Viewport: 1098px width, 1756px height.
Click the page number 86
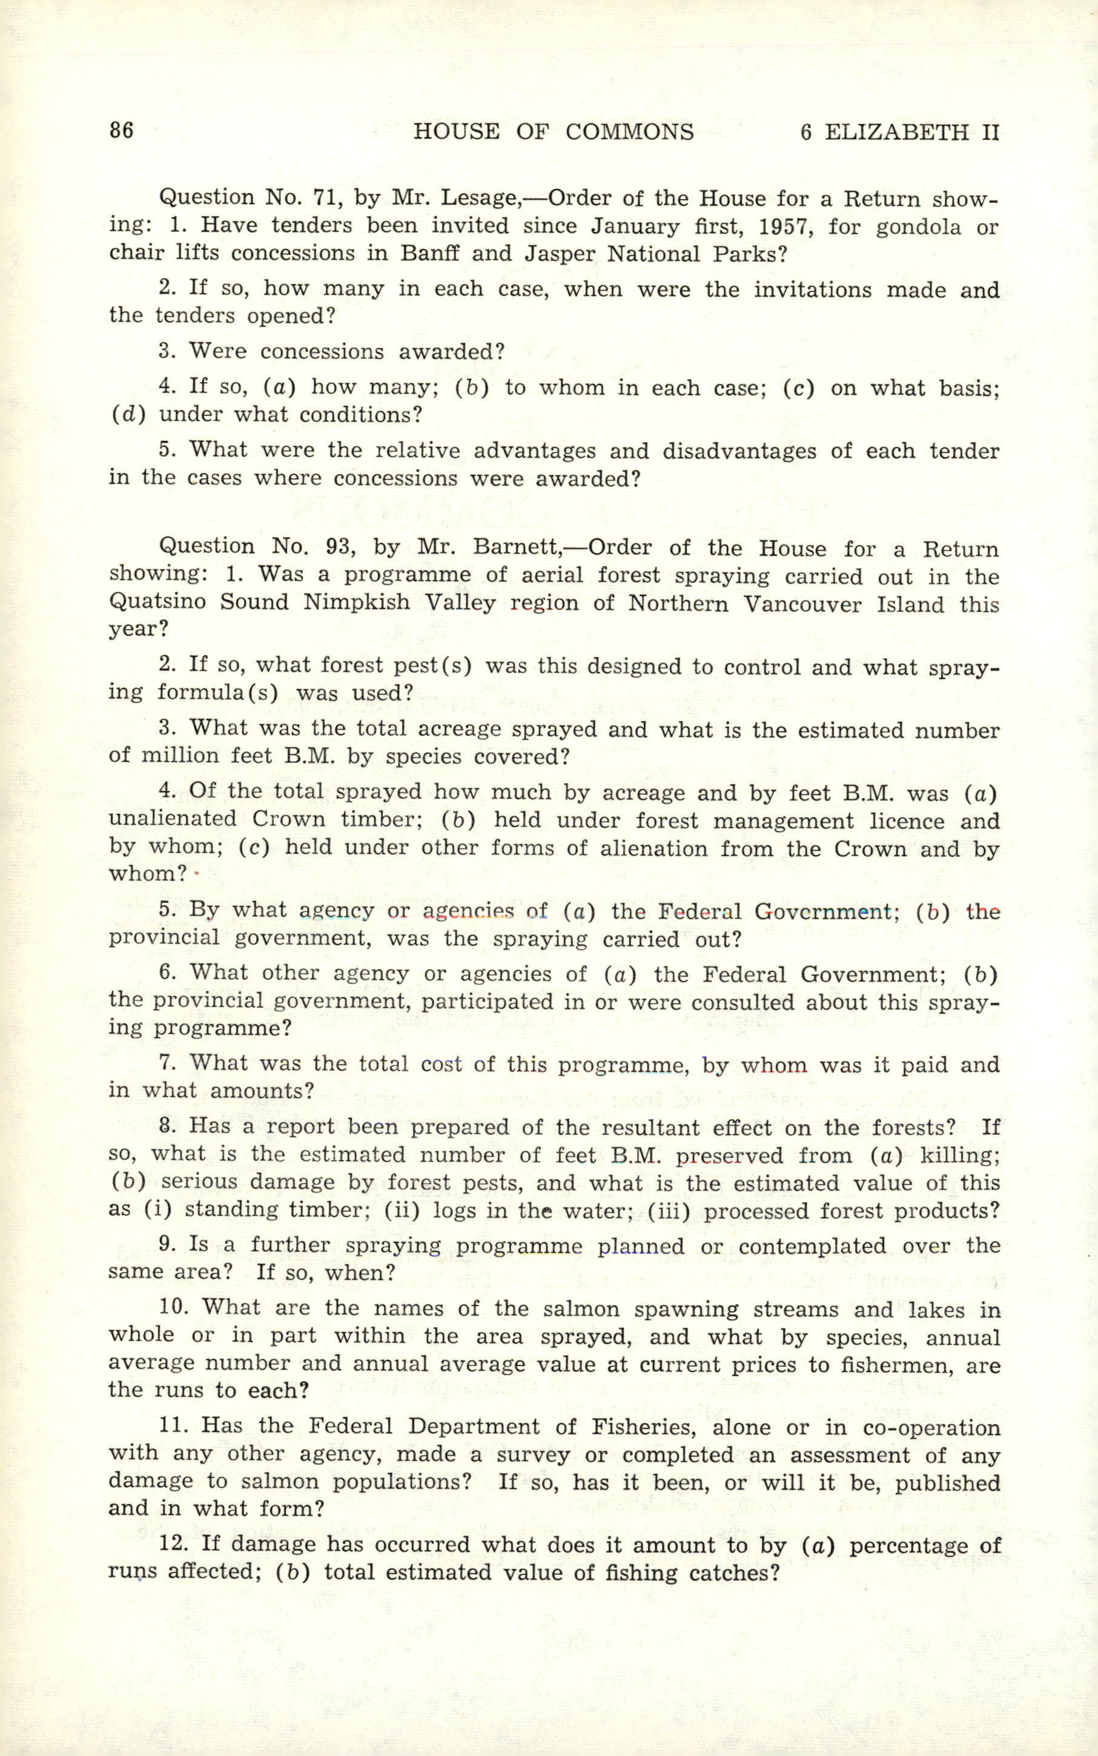pos(121,131)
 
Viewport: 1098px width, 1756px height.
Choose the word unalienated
pos(173,819)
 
